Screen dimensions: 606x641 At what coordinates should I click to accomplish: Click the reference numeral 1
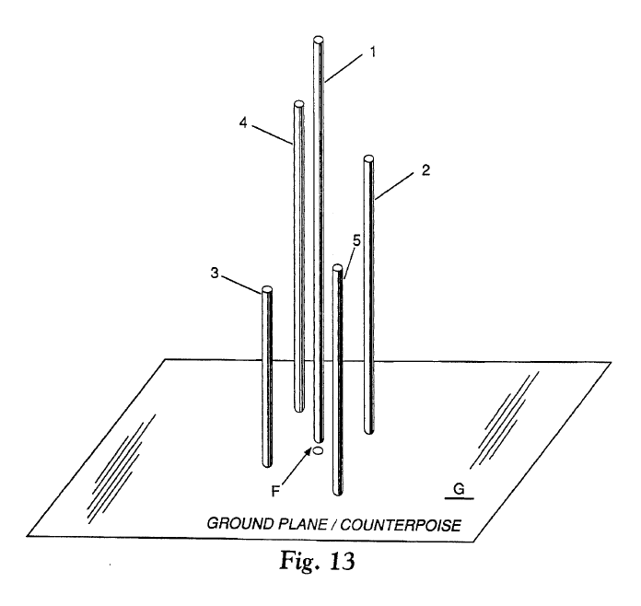click(x=373, y=52)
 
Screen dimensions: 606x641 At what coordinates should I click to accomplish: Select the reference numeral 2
click(x=426, y=170)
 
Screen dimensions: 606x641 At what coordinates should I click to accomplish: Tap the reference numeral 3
click(x=214, y=273)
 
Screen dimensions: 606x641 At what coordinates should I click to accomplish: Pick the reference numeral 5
click(x=356, y=241)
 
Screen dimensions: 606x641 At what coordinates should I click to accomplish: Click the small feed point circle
click(x=317, y=451)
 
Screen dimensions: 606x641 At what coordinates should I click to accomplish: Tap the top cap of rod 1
click(x=319, y=40)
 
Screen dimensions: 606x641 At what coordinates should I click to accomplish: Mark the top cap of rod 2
click(x=368, y=158)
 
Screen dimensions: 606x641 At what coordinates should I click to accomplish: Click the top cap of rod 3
click(x=266, y=290)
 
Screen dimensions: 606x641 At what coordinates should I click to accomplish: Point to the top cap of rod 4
click(x=298, y=105)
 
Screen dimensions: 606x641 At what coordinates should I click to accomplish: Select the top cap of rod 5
click(x=338, y=269)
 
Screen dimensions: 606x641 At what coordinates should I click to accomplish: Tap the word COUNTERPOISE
click(x=401, y=524)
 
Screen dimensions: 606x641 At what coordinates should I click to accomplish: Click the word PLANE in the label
click(x=307, y=524)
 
